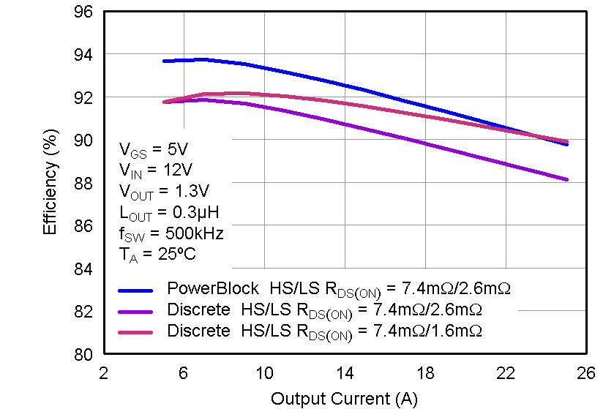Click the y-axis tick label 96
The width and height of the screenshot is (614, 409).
83,12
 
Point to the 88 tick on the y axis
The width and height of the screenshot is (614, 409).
83,184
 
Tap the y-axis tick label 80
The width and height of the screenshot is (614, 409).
83,355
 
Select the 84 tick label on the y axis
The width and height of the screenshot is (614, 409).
83,269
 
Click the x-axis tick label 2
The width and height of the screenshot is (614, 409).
103,373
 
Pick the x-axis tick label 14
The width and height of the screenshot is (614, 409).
344,373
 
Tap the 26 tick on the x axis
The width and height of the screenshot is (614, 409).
585,373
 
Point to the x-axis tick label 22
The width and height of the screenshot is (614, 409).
504,373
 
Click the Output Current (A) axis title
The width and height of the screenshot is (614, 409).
343,399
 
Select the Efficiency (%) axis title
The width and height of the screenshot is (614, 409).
50,184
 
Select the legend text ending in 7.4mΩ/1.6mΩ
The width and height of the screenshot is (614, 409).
324,331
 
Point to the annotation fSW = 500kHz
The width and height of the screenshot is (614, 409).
171,234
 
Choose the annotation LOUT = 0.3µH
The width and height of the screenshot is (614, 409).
168,213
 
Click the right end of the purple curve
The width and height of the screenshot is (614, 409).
566,179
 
